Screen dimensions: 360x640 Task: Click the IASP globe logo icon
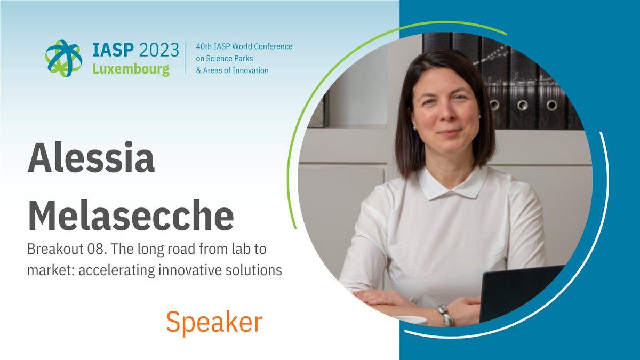point(63,58)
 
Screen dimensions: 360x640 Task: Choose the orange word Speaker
point(214,322)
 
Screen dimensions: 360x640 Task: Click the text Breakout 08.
point(59,250)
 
